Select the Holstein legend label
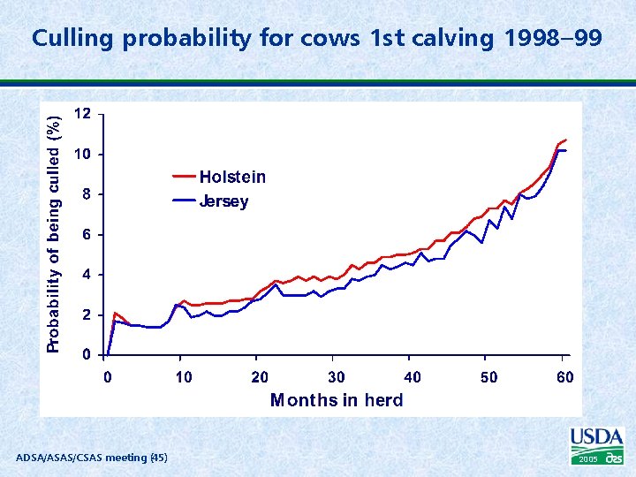coord(232,177)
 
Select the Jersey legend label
coord(223,201)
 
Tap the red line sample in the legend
coord(183,177)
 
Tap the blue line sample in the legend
coord(183,201)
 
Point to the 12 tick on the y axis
coord(81,114)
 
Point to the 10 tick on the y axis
coord(81,155)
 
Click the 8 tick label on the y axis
coord(85,194)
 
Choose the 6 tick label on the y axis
coord(85,235)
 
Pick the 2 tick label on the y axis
coord(85,315)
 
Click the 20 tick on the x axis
coord(260,377)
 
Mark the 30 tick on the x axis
coord(336,377)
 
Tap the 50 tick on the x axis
coord(488,377)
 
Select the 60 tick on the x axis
coord(564,377)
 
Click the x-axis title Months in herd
coord(337,400)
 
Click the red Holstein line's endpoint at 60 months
coord(565,140)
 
